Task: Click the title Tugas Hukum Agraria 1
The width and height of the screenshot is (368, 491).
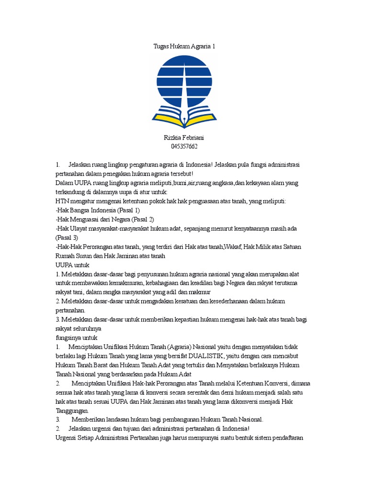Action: click(x=184, y=47)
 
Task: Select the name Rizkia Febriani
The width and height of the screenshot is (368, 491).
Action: click(x=184, y=138)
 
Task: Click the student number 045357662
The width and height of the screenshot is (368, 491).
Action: click(x=184, y=146)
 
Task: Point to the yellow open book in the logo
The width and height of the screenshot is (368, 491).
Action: click(x=184, y=117)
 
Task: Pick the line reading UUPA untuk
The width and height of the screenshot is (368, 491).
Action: click(x=72, y=265)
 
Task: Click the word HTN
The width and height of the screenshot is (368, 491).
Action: click(x=63, y=201)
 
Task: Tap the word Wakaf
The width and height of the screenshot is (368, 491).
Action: click(x=232, y=247)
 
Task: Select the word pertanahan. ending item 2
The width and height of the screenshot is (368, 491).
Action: click(x=71, y=310)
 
